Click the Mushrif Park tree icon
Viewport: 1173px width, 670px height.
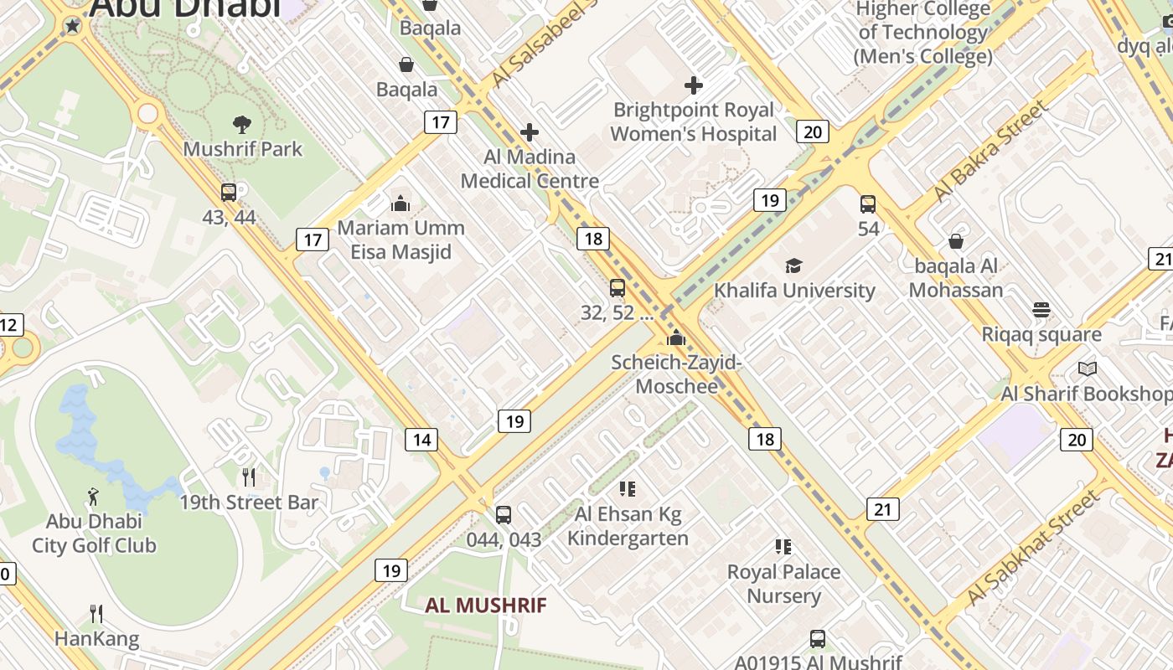tap(242, 125)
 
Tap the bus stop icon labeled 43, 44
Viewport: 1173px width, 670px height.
tap(229, 193)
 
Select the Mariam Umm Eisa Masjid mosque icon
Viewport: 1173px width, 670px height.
tap(400, 204)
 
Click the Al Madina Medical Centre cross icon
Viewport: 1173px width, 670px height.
tap(530, 132)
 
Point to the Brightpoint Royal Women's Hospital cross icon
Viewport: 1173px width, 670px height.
tap(694, 85)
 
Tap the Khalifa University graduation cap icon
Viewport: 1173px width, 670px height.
tap(793, 266)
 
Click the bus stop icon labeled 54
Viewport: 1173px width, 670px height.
tap(868, 204)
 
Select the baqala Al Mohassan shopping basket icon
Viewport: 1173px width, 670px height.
tap(956, 242)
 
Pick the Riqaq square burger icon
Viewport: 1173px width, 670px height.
tap(1041, 310)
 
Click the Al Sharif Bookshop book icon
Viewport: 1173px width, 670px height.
tap(1088, 369)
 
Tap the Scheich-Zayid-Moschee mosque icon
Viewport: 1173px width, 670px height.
tap(676, 338)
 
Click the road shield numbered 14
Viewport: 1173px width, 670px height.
tap(421, 439)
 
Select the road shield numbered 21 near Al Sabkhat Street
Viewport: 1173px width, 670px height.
tap(883, 509)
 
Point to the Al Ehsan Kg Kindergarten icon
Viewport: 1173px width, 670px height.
tap(628, 489)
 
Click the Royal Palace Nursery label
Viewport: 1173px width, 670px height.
tap(783, 584)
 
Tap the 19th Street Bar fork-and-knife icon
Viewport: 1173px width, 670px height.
tap(249, 477)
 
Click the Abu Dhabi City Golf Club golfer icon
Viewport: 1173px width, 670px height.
tap(93, 497)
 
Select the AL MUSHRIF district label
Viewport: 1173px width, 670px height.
tap(486, 605)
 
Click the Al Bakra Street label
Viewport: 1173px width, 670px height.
tap(990, 151)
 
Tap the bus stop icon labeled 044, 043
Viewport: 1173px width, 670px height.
tap(504, 515)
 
